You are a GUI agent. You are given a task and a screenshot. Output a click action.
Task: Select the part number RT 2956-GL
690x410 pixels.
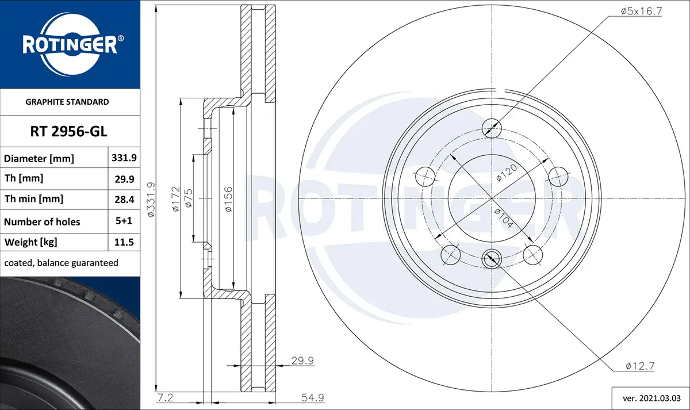coord(68,132)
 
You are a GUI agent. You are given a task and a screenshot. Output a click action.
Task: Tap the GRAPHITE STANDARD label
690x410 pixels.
coord(67,102)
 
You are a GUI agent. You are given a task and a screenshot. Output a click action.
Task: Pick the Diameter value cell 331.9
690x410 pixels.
coord(124,158)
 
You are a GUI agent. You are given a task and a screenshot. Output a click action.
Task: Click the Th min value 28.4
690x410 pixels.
coord(124,200)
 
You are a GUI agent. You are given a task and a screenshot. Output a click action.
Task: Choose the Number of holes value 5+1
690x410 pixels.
coord(124,221)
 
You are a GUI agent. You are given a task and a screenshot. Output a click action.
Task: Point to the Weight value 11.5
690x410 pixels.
coord(124,242)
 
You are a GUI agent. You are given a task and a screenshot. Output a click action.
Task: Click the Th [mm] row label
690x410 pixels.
coord(24,178)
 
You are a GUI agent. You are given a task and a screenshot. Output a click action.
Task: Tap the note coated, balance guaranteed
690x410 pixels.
coord(61,263)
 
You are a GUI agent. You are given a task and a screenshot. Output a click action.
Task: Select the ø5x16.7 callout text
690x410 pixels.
coord(641,11)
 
